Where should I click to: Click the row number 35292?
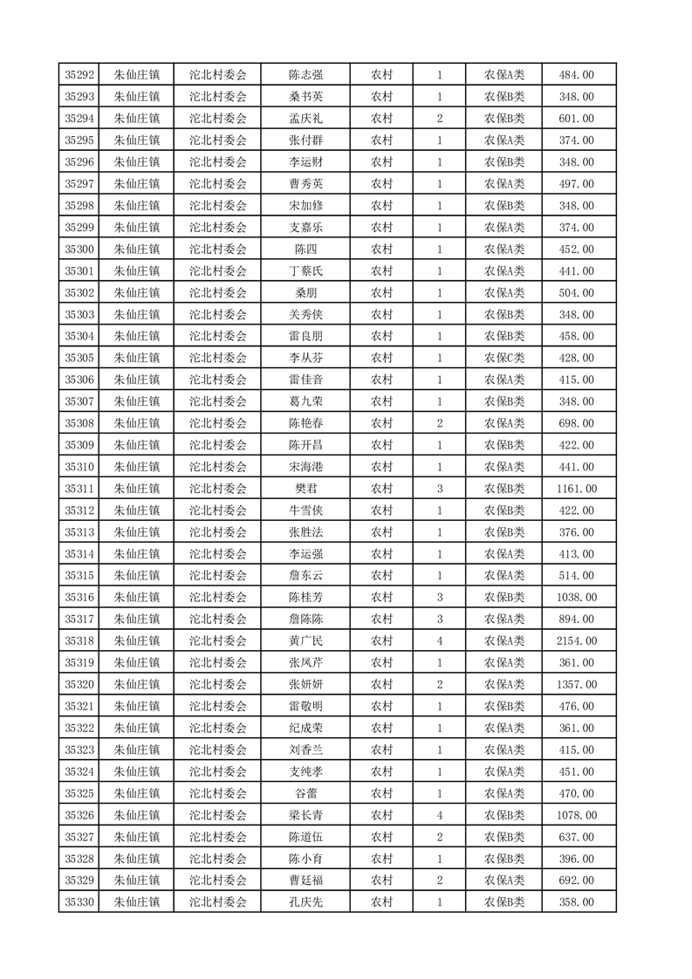79,75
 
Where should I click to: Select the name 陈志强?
306,75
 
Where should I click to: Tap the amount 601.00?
576,119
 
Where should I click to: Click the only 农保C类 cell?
504,359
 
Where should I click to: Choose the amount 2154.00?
576,641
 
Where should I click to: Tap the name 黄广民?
306,641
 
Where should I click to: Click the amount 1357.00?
576,685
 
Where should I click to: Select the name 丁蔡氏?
306,271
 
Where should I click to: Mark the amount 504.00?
576,293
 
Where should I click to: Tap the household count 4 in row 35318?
439,641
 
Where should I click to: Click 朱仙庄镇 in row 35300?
137,250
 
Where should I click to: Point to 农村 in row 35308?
381,424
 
